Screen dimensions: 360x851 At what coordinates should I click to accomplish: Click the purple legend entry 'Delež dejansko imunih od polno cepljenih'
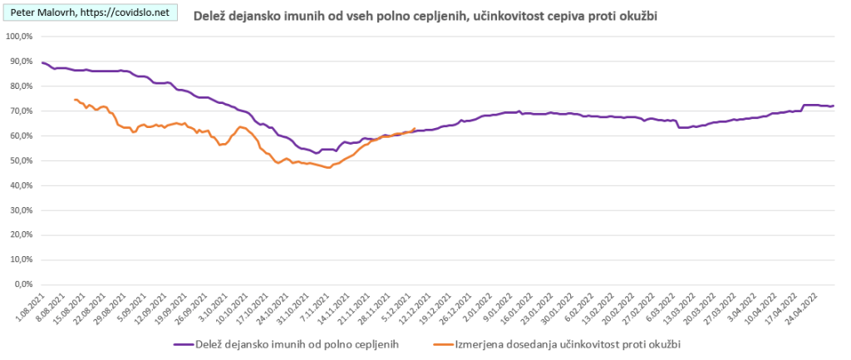(x=288, y=343)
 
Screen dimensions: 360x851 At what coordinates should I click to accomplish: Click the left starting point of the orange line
(x=75, y=100)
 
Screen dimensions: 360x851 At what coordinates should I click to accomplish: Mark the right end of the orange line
(x=415, y=129)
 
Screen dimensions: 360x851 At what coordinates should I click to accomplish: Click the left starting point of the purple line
(x=42, y=62)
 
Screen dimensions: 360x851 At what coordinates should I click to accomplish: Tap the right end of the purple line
(x=834, y=106)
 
